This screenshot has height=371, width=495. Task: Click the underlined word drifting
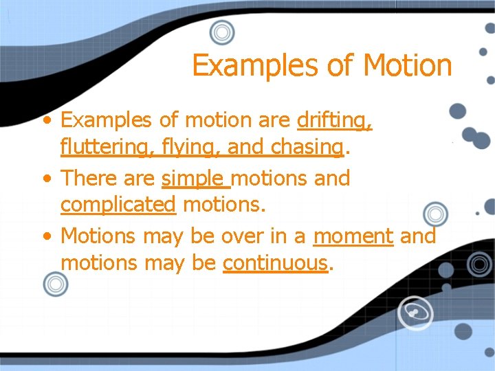pos(335,121)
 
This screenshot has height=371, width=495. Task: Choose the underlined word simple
pos(195,179)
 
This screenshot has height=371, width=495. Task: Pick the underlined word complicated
pos(118,205)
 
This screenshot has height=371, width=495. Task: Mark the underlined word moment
pos(353,236)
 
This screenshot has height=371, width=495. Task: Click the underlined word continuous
pos(274,262)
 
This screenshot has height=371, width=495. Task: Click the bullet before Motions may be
pos(46,237)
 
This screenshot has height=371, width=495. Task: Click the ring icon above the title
pos(221,32)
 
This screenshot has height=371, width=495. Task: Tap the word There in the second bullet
pos(86,179)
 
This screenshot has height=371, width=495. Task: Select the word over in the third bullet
pos(240,236)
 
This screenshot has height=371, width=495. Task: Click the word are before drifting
pos(274,121)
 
